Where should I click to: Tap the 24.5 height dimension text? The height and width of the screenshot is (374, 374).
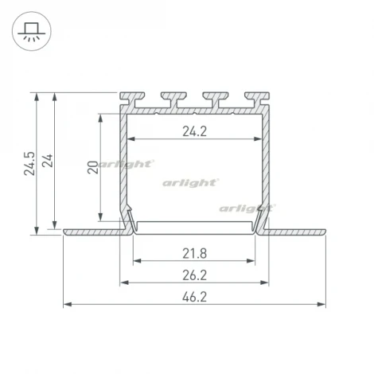coord(29,161)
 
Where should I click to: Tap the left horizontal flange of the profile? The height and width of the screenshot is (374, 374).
coord(92,232)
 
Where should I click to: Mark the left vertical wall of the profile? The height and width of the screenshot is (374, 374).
coord(124,167)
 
